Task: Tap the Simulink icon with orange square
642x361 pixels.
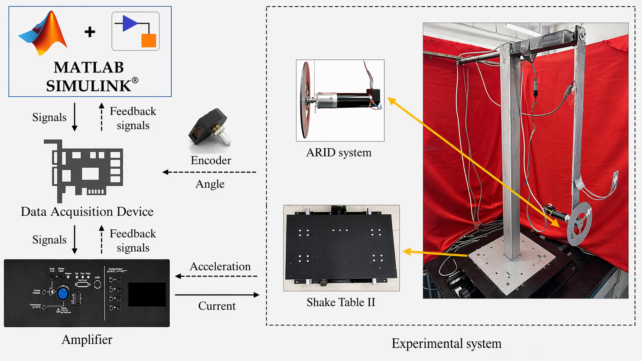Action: pos(136,31)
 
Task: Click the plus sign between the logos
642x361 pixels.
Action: pos(90,31)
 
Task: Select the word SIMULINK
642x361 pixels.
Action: pos(88,86)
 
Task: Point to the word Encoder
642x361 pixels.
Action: pos(211,160)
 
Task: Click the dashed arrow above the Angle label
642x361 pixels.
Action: pos(209,172)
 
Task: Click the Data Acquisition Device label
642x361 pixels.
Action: pos(87,211)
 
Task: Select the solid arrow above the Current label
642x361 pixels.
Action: pos(217,295)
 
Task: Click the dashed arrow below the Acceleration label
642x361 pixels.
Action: pos(216,276)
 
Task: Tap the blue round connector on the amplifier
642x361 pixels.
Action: pos(63,294)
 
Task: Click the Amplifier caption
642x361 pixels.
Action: pos(87,340)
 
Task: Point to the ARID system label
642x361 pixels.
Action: pos(339,153)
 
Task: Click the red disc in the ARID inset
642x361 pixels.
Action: pos(305,100)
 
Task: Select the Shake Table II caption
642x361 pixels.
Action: pos(341,302)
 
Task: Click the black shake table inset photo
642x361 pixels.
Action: pos(341,248)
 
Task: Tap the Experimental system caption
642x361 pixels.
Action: pos(447,343)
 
